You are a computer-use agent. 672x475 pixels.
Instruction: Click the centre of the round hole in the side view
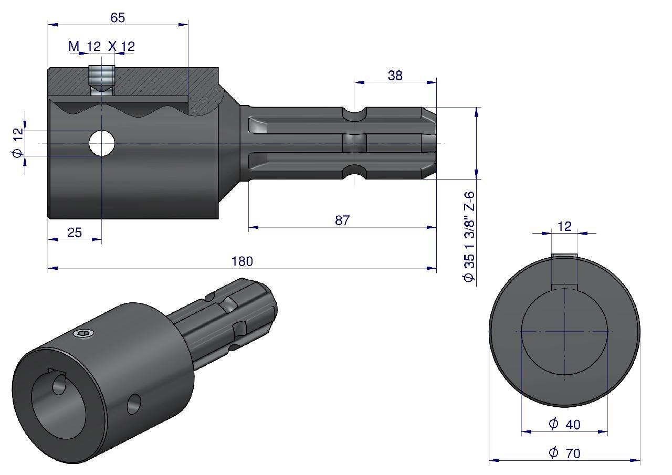102,143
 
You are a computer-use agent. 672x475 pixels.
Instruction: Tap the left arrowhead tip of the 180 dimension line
48,268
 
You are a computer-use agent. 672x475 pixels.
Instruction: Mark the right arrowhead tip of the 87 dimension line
436,227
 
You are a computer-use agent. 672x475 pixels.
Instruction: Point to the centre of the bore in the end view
564,332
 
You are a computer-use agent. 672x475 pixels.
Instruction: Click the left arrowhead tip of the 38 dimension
355,82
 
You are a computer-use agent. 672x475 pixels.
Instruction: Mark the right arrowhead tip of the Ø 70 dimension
640,460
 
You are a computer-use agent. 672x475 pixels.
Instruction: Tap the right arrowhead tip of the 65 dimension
188,25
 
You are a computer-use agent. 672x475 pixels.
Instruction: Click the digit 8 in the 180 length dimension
242,261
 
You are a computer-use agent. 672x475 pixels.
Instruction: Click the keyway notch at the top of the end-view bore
564,287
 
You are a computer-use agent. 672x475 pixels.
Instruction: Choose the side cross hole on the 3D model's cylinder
134,404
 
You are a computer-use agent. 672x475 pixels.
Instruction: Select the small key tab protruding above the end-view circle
564,255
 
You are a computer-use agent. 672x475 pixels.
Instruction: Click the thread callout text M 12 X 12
102,47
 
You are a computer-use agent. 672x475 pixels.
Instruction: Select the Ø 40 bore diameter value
564,424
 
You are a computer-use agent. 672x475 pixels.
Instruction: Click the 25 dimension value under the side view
75,233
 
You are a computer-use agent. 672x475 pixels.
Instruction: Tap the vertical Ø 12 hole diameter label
18,142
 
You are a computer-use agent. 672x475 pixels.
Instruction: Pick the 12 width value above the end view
564,226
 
